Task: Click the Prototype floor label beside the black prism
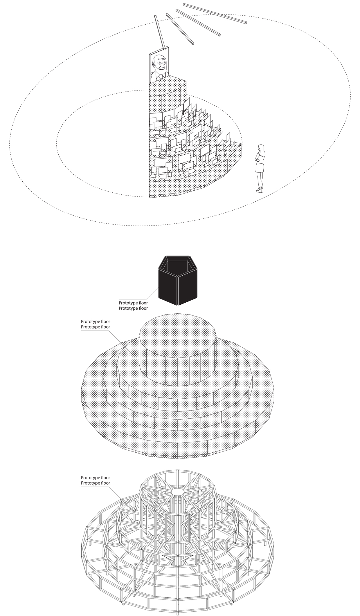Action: (133, 306)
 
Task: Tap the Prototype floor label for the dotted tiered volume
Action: (96, 324)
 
